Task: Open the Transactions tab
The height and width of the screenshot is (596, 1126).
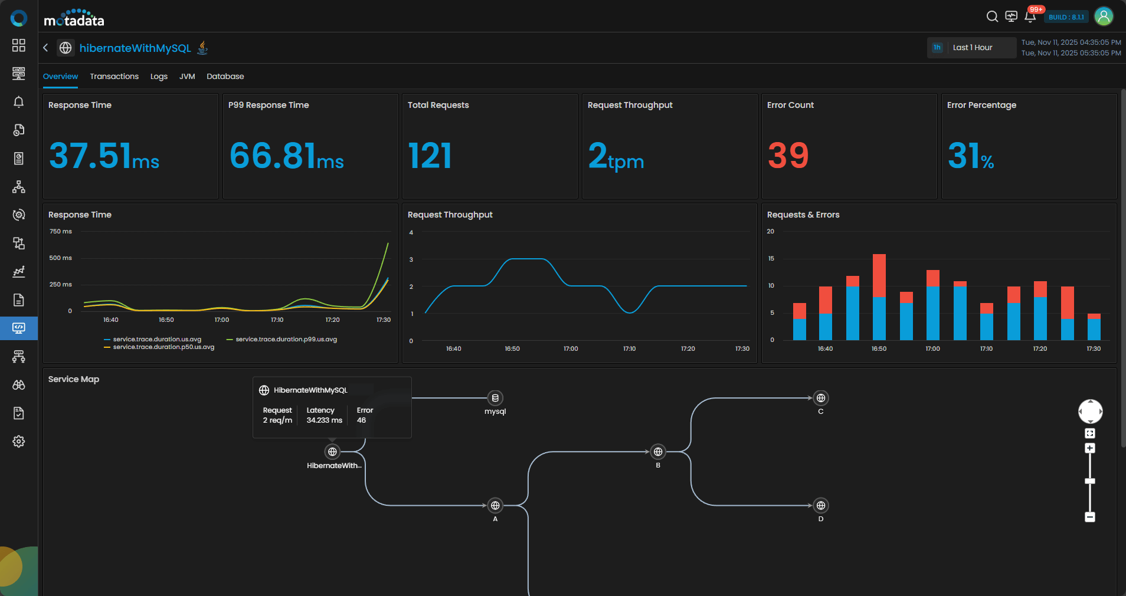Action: [x=114, y=77]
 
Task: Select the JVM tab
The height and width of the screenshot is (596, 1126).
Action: [x=187, y=77]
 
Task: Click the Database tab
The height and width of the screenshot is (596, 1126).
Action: [x=225, y=77]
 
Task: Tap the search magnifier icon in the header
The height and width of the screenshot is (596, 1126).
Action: [x=992, y=17]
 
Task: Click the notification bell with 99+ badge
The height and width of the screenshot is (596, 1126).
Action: [x=1030, y=17]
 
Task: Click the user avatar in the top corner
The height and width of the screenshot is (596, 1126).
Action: [x=1104, y=17]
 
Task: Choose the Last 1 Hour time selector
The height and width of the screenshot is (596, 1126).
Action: [x=971, y=48]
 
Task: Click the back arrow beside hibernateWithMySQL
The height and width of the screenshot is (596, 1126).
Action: [x=45, y=48]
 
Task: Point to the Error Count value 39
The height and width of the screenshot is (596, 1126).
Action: [x=788, y=156]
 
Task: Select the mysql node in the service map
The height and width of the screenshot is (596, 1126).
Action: [x=495, y=398]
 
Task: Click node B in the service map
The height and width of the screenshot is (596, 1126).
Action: [x=658, y=452]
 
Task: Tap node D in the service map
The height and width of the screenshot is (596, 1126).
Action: [x=820, y=506]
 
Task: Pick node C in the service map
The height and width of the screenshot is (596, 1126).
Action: [x=820, y=399]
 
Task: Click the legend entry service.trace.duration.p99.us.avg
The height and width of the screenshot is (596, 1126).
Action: [x=286, y=340]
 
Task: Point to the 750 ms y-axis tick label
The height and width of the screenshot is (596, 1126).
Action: [x=61, y=232]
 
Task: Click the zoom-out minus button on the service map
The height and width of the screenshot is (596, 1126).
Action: [x=1090, y=517]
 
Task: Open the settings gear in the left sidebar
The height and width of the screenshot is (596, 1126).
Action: [x=19, y=442]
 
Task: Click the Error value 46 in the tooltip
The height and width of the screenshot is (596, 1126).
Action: [x=361, y=420]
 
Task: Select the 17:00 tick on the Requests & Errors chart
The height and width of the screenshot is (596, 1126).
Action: [x=932, y=349]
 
